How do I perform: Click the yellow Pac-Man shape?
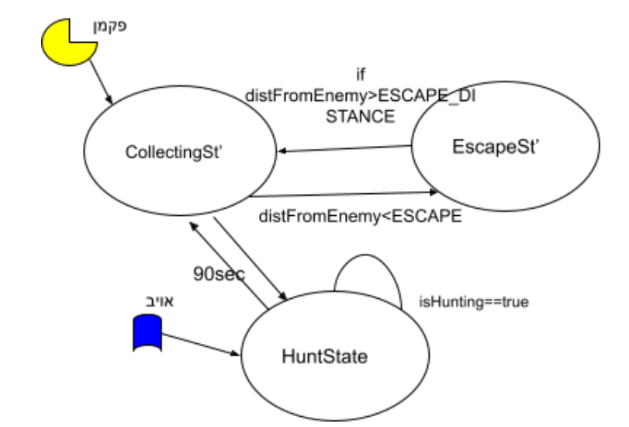click(x=67, y=43)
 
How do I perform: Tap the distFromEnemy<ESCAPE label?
click(x=360, y=217)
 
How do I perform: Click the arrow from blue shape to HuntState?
click(x=200, y=344)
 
